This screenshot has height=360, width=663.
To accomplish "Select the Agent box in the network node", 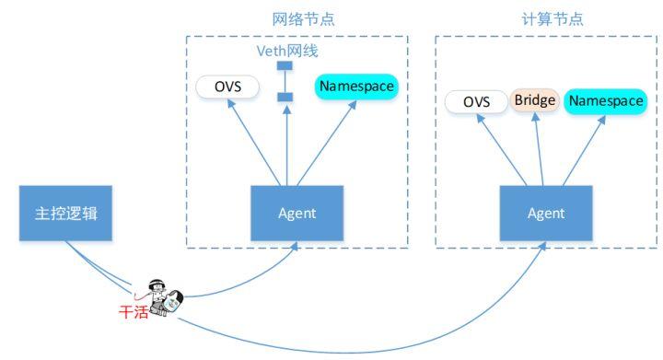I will coord(297,214).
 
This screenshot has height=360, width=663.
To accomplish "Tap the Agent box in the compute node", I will coord(545,214).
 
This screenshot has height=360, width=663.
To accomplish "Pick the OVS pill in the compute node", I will coord(476,101).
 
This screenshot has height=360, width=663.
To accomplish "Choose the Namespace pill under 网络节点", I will coord(356,87).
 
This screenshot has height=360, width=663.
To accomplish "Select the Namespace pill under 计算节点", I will coord(605,101).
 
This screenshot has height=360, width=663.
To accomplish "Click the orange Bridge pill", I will coord(535,99).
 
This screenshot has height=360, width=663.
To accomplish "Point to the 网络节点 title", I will coord(297,19).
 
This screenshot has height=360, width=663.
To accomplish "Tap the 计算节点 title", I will coord(546,19).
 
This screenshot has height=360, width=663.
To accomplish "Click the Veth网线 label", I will coord(286,51).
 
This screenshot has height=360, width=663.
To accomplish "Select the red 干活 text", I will coord(133,311).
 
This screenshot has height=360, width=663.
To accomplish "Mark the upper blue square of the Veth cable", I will coord(285,66).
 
